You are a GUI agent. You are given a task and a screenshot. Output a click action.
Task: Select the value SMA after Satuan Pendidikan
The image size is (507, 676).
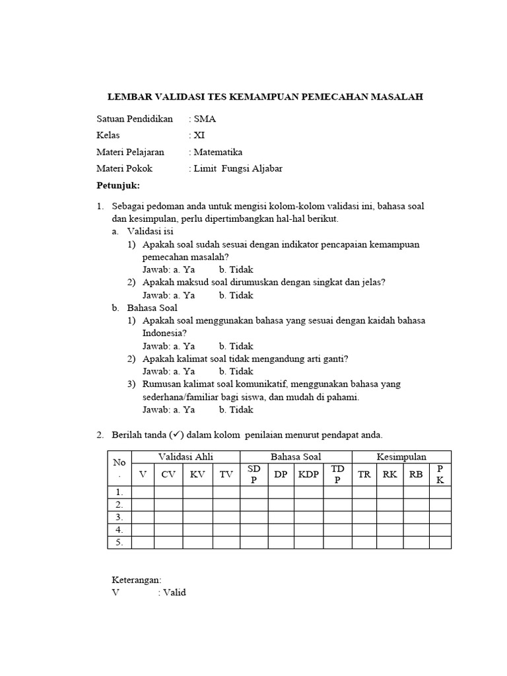point(204,119)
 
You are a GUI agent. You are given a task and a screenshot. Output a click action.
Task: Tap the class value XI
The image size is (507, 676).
point(199,135)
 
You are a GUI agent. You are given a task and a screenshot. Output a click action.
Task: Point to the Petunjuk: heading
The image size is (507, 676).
point(118,185)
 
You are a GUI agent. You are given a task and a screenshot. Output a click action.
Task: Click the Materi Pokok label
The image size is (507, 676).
point(124,168)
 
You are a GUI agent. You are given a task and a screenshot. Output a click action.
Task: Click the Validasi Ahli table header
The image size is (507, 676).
point(186,457)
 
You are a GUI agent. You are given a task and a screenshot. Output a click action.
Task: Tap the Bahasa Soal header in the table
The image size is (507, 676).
point(296,457)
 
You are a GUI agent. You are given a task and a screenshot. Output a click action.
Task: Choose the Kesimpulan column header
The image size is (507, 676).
point(401,457)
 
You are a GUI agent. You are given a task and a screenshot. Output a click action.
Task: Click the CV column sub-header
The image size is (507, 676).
point(168,474)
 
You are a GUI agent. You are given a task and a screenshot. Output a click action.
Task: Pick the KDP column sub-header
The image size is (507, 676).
point(308,474)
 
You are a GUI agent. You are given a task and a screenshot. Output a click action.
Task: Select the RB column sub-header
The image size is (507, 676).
point(415,474)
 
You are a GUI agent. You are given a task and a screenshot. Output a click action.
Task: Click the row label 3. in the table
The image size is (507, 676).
point(119,517)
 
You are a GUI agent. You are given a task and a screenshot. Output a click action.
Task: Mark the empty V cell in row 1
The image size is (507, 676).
point(143,492)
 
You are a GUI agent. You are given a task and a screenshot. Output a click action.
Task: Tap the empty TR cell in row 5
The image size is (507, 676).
point(364,542)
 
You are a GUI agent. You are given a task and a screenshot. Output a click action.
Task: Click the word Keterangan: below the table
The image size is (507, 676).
point(137,580)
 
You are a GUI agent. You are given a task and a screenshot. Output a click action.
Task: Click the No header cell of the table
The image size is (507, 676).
point(119,468)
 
